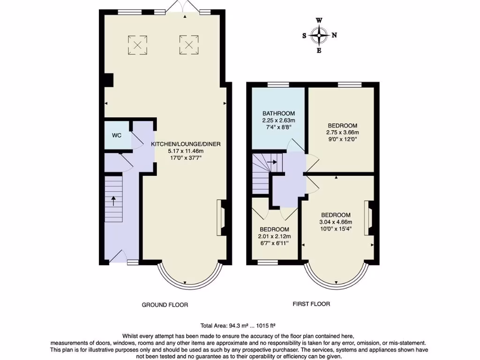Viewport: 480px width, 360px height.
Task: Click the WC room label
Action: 117,135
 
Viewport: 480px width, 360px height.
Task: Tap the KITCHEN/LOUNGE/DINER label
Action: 186,144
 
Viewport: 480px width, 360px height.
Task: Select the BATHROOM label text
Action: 278,113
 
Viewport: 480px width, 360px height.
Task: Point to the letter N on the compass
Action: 334,35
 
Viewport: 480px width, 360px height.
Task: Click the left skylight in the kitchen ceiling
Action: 138,45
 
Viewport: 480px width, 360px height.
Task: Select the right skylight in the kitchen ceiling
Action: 188,45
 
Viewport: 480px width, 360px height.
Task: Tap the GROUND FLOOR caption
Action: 165,305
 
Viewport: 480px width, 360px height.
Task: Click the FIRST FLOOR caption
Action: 311,304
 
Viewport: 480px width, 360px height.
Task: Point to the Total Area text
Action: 240,325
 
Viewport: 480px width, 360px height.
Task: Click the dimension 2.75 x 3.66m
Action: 342,132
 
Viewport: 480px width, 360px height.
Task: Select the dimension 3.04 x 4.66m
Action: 336,222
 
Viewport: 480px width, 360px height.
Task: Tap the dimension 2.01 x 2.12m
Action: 275,236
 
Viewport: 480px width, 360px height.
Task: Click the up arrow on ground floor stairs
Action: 113,200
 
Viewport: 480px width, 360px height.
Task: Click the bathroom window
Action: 278,84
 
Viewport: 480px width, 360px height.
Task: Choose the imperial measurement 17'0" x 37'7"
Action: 186,158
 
